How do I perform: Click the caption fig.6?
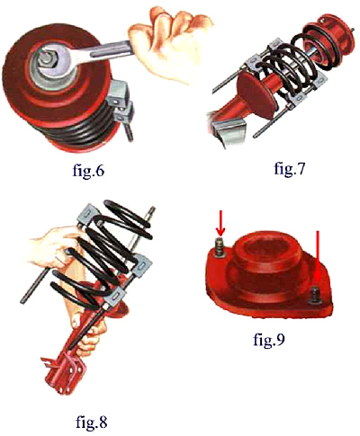(x=88, y=172)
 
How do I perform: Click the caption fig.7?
(x=289, y=168)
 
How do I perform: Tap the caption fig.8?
(x=91, y=422)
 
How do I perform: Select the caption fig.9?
(x=268, y=340)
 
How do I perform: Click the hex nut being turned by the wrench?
(x=47, y=58)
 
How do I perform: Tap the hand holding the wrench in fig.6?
(x=170, y=45)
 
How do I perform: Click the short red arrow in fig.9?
(x=220, y=223)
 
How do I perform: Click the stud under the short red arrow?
(x=220, y=247)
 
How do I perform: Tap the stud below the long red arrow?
(x=317, y=298)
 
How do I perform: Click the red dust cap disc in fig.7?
(x=255, y=93)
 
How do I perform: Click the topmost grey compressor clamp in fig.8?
(x=88, y=214)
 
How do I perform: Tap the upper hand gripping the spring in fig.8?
(x=54, y=246)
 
